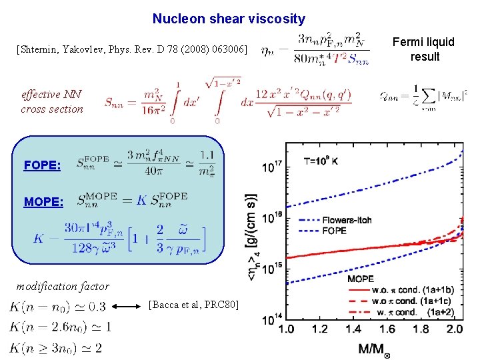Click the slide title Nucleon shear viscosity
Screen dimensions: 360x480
click(x=229, y=19)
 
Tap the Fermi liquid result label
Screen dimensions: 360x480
click(x=424, y=49)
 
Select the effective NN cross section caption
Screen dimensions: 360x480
click(x=52, y=102)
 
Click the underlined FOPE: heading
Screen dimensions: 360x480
click(x=42, y=165)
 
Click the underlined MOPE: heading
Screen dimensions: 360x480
click(x=43, y=201)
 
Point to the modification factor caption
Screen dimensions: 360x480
click(x=63, y=287)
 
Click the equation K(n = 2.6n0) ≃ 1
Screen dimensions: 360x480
click(x=60, y=327)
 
